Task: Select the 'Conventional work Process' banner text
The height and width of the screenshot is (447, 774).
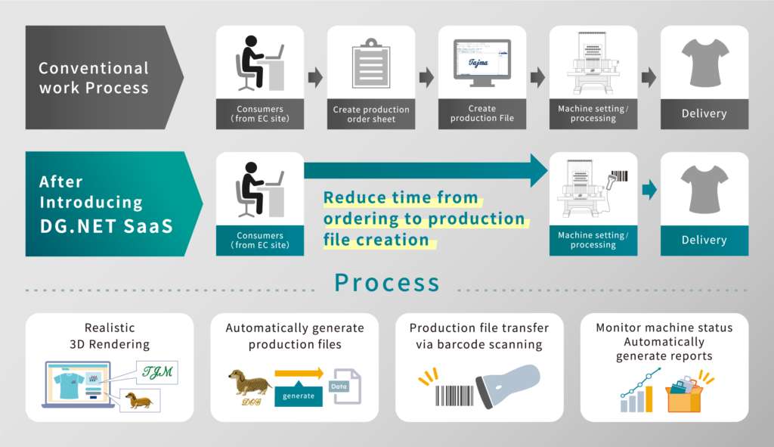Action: click(93, 78)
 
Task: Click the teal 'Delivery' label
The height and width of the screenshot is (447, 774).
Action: click(704, 240)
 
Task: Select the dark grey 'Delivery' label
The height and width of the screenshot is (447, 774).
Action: click(704, 113)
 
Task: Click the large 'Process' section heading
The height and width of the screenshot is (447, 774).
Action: click(387, 282)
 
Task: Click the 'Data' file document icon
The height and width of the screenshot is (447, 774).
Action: click(347, 386)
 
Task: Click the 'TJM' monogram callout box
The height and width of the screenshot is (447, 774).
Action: click(159, 371)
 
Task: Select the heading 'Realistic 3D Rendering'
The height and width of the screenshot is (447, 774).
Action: click(110, 336)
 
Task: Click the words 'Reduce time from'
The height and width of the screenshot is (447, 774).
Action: click(401, 198)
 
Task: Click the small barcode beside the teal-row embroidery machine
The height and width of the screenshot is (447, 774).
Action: click(620, 176)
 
